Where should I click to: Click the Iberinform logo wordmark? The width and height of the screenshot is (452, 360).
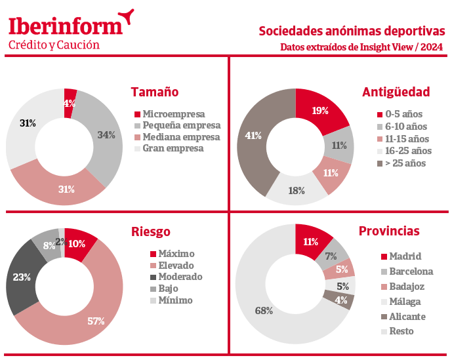click(66, 26)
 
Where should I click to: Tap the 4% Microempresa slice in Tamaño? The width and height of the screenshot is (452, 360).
click(70, 103)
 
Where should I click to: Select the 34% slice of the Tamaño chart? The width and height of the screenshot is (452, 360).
click(103, 135)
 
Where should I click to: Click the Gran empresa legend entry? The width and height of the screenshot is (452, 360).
click(169, 148)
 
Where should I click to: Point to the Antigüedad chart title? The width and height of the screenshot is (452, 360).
click(396, 92)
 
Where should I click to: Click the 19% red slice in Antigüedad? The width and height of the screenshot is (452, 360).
click(320, 110)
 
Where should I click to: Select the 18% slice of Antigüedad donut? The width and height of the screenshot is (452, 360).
click(297, 191)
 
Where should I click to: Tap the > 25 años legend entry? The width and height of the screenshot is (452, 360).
click(401, 163)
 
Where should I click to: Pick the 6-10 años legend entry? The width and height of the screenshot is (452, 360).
click(402, 127)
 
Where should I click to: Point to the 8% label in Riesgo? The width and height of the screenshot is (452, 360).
click(49, 245)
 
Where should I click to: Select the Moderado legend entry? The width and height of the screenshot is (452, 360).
click(176, 277)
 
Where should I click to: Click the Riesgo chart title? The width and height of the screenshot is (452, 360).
click(151, 231)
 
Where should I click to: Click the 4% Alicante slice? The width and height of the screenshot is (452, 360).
click(341, 300)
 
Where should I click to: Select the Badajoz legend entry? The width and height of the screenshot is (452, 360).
click(402, 287)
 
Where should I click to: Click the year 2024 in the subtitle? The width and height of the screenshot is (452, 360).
click(432, 47)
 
